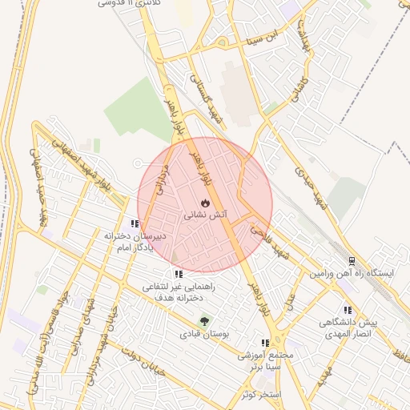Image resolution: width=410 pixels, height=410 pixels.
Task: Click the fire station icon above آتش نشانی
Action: click(x=205, y=202)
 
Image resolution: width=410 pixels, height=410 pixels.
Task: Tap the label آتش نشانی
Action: click(x=206, y=215)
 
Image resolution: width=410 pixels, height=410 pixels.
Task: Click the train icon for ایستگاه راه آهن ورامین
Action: click(x=352, y=261)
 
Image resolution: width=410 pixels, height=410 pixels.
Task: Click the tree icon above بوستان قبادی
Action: click(x=205, y=321)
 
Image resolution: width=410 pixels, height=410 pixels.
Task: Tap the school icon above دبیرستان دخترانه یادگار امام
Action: click(x=135, y=224)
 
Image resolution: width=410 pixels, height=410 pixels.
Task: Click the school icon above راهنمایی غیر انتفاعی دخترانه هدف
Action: click(x=178, y=274)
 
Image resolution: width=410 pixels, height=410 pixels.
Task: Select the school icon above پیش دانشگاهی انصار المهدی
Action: click(x=348, y=310)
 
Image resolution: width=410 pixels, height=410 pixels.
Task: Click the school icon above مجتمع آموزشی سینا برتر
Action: click(x=265, y=343)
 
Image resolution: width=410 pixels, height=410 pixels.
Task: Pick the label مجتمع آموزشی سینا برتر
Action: click(x=267, y=360)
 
